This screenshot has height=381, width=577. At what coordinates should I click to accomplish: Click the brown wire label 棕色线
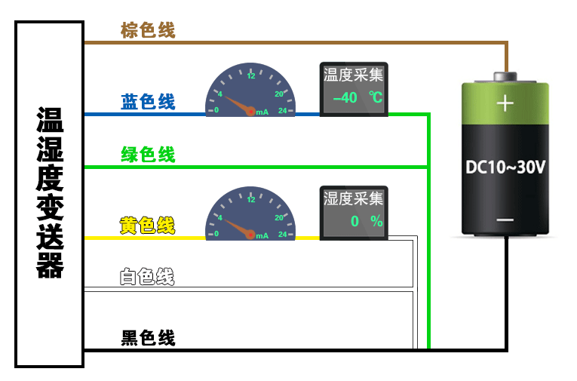pyautogui.click(x=148, y=30)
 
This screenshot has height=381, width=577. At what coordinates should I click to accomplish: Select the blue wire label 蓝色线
pyautogui.click(x=148, y=102)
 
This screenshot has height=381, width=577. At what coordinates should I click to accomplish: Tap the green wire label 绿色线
pyautogui.click(x=148, y=155)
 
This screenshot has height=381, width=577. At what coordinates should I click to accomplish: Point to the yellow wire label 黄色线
pyautogui.click(x=148, y=225)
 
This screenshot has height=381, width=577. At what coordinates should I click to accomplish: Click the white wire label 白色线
pyautogui.click(x=148, y=277)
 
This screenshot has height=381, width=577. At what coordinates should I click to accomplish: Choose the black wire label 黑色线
pyautogui.click(x=148, y=337)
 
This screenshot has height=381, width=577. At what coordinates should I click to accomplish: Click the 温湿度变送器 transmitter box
pyautogui.click(x=50, y=194)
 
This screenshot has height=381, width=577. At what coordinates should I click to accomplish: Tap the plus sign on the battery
pyautogui.click(x=505, y=103)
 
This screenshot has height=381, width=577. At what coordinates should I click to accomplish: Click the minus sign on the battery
pyautogui.click(x=505, y=220)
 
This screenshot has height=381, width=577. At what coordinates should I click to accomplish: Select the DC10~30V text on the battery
pyautogui.click(x=505, y=167)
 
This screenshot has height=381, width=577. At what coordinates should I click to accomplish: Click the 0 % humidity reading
pyautogui.click(x=366, y=221)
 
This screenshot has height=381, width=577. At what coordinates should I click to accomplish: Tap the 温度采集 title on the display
pyautogui.click(x=354, y=74)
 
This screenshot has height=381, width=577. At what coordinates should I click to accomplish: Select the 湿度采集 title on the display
pyautogui.click(x=354, y=198)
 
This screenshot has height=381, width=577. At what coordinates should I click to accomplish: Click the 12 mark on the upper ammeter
pyautogui.click(x=251, y=75)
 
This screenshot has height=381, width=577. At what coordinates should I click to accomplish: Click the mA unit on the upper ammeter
pyautogui.click(x=262, y=112)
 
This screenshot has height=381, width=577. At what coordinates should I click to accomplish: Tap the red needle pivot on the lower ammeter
pyautogui.click(x=250, y=234)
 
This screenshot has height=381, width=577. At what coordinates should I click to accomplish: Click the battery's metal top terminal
pyautogui.click(x=505, y=77)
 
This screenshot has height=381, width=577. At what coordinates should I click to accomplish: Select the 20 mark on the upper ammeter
pyautogui.click(x=279, y=94)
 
